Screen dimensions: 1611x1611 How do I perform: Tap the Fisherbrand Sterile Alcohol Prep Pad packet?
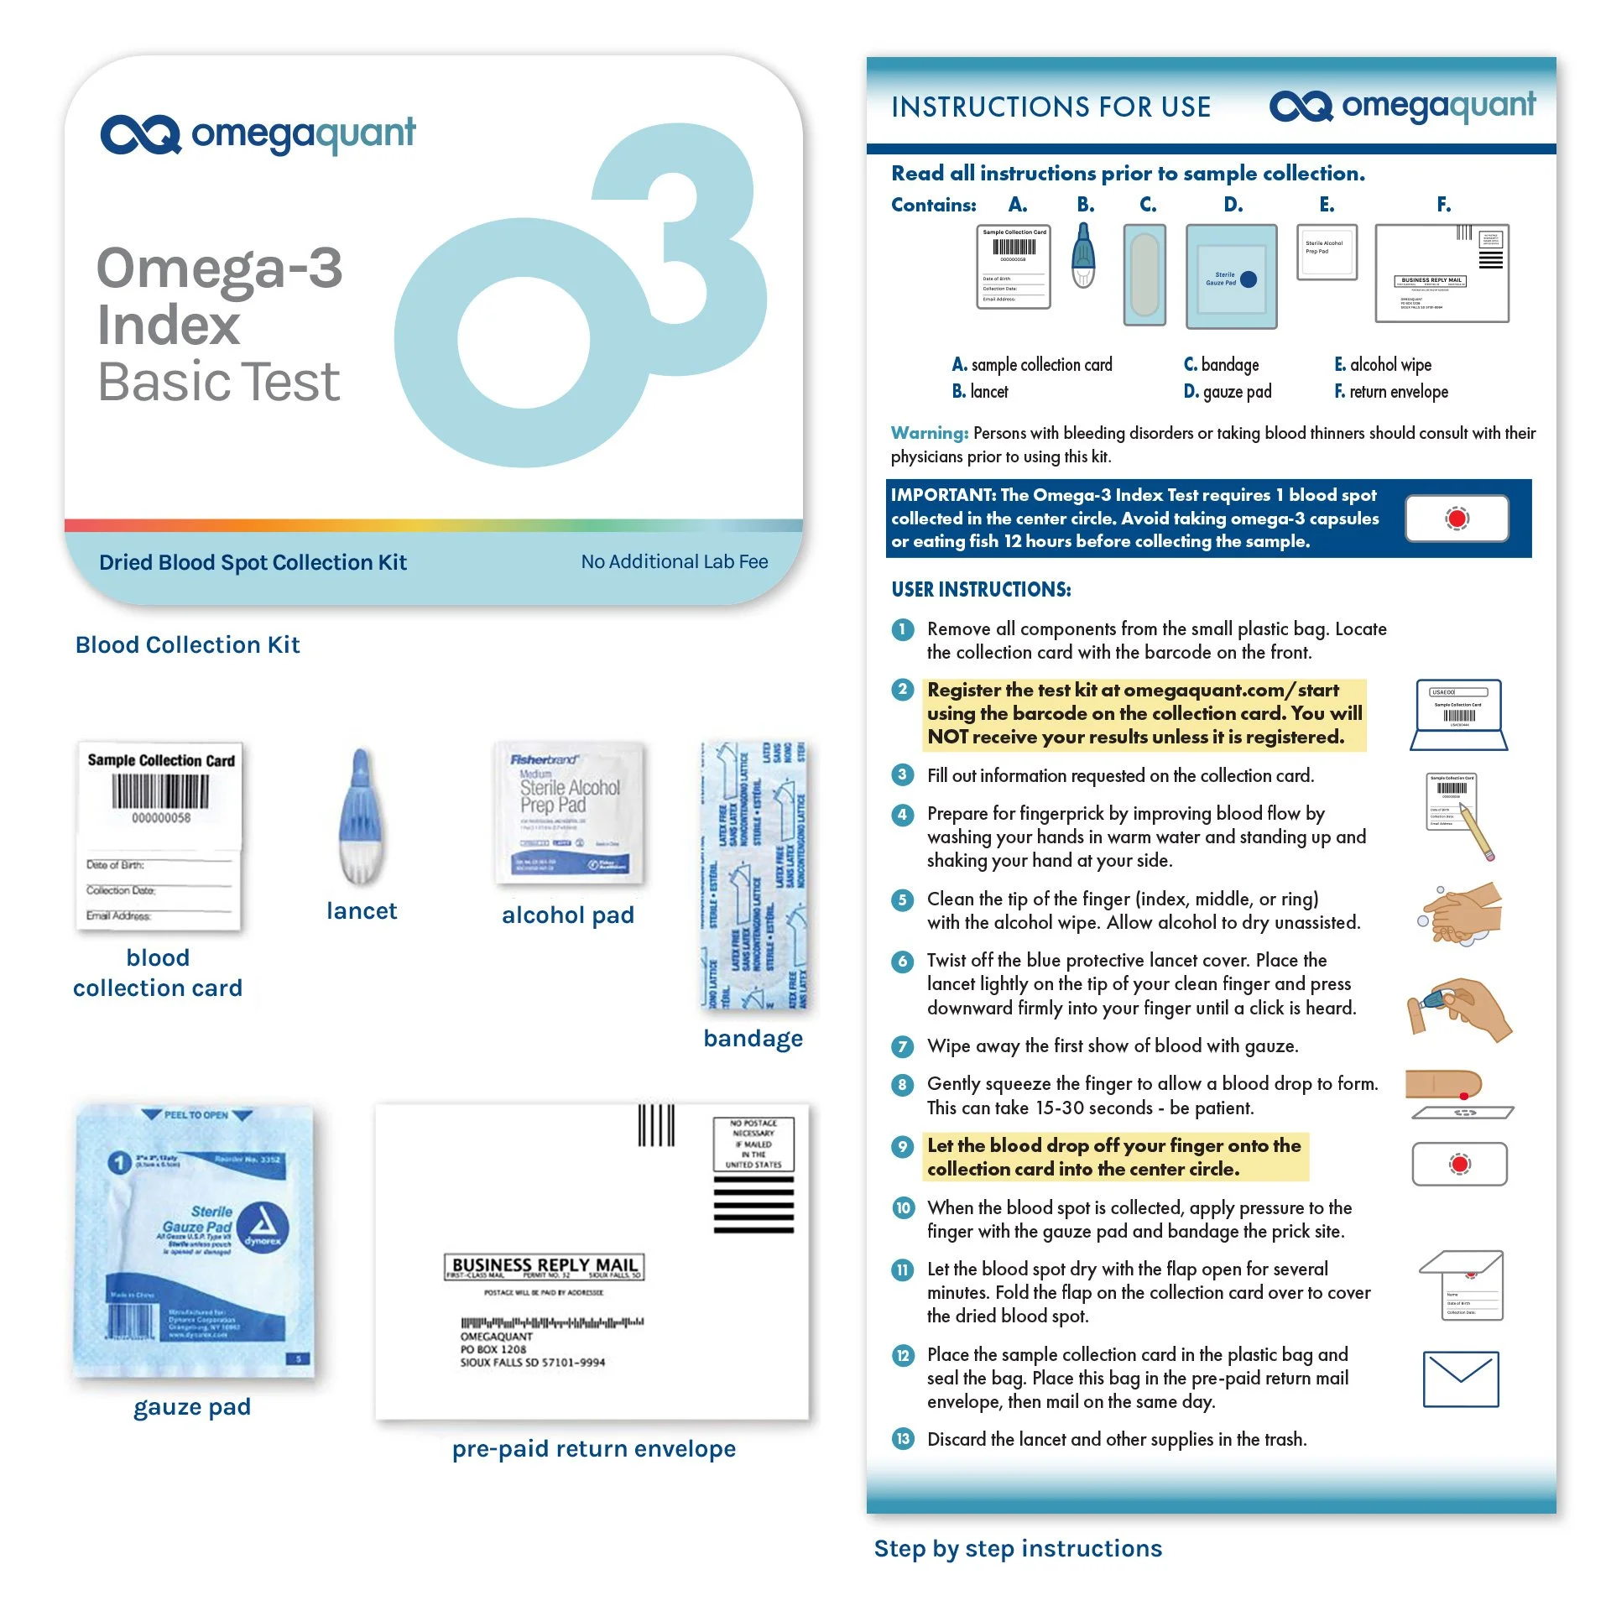569,811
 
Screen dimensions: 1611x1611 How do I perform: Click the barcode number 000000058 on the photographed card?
160,817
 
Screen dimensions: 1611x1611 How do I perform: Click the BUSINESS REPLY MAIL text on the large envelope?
545,1264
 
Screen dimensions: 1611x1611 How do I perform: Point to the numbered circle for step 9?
903,1146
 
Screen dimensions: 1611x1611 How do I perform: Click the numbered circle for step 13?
903,1439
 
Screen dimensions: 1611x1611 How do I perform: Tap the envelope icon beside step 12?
1460,1379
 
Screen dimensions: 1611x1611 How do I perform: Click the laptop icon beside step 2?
1458,715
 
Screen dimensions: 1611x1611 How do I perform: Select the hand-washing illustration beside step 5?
1462,913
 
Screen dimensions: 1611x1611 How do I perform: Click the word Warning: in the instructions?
929,433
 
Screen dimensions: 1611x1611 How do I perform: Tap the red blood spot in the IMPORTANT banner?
1457,519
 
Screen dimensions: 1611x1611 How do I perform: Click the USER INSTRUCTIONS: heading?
981,589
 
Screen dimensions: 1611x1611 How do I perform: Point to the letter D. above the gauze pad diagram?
1233,205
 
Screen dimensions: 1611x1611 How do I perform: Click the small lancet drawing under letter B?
1084,256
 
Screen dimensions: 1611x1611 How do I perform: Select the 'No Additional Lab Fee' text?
674,562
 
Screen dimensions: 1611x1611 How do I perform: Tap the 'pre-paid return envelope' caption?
593,1449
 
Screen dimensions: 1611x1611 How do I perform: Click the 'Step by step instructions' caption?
1018,1549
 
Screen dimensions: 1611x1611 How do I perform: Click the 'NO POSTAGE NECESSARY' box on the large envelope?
753,1144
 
